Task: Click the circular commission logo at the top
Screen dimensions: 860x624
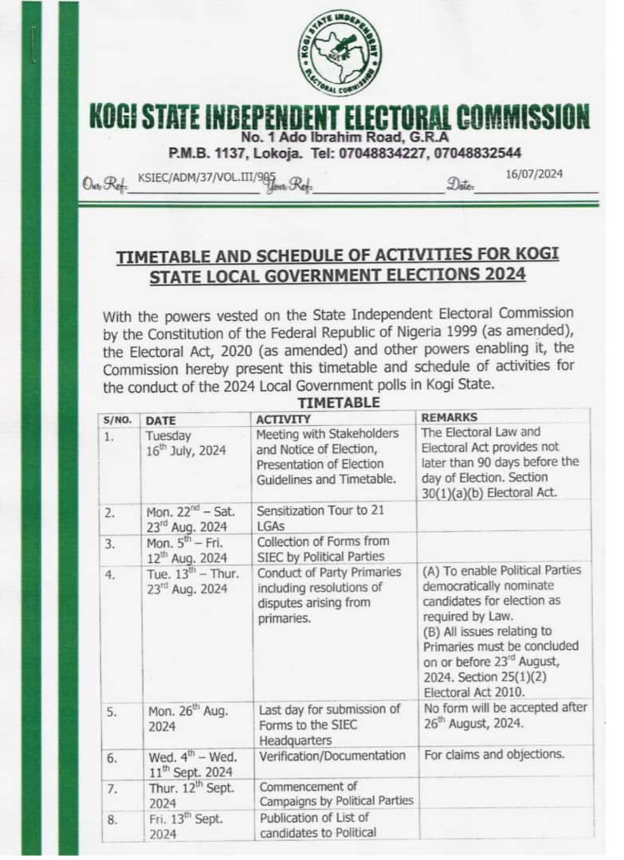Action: point(340,53)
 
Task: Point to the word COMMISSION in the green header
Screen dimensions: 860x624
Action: point(521,117)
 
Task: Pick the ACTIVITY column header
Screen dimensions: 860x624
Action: point(283,419)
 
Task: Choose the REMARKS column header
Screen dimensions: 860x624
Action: point(450,417)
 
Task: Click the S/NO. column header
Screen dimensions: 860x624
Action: point(118,420)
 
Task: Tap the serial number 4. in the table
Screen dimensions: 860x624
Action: point(109,573)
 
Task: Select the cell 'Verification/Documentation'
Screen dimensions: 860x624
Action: point(332,755)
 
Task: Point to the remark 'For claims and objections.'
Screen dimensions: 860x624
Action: point(494,754)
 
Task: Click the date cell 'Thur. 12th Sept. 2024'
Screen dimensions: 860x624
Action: point(190,795)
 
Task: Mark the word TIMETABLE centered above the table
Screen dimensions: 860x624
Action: point(338,402)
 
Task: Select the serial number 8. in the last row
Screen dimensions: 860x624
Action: point(112,818)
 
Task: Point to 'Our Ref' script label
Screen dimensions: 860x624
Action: point(106,185)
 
